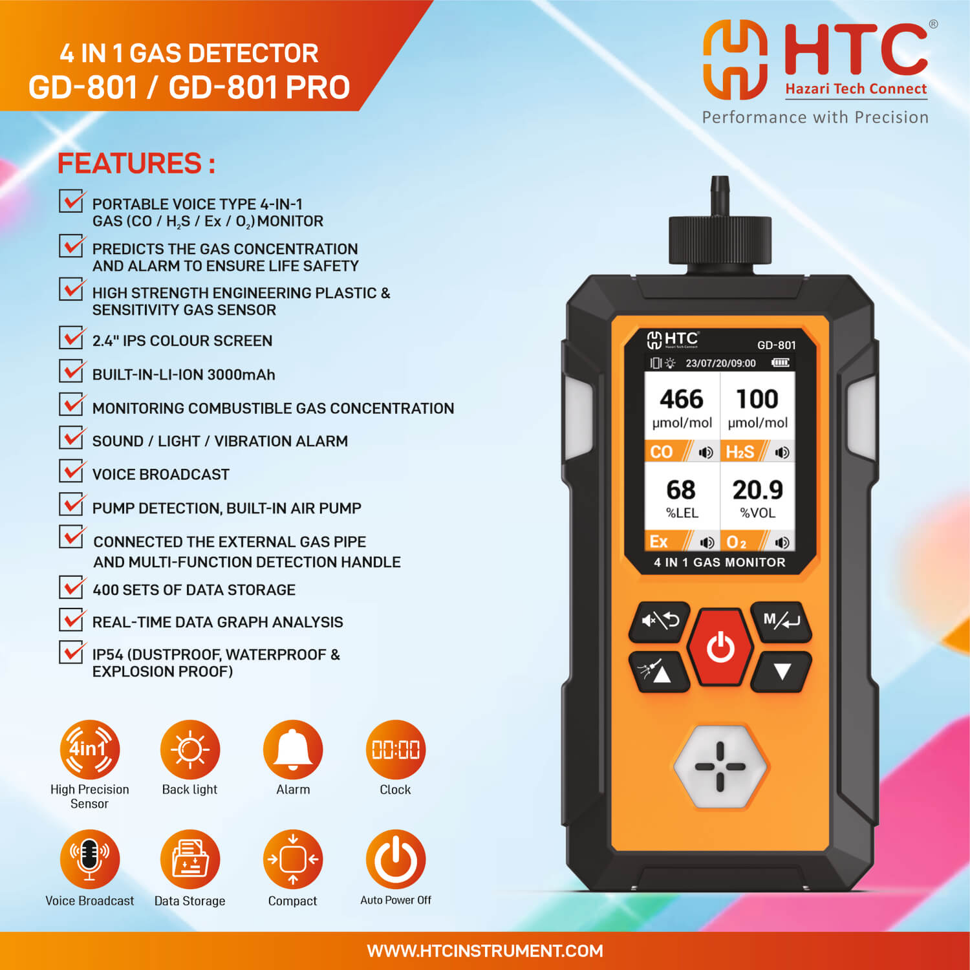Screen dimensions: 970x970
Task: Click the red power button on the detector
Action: tap(720, 647)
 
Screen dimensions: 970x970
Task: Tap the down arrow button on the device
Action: tap(782, 672)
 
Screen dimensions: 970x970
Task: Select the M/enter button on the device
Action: tap(781, 621)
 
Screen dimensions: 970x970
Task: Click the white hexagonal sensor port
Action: tap(720, 767)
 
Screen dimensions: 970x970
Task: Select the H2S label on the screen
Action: tap(740, 451)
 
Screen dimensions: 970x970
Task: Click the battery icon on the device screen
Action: tap(780, 363)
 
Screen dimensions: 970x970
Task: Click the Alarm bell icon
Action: tap(293, 749)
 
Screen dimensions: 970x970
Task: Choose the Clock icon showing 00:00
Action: tap(396, 749)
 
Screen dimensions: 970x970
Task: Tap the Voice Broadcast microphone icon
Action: tap(90, 859)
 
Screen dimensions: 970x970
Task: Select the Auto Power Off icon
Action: tap(396, 859)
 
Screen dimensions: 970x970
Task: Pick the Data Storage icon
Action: tap(190, 859)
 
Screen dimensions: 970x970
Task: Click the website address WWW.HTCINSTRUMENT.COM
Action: tap(485, 951)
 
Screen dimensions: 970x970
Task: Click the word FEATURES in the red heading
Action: tap(130, 163)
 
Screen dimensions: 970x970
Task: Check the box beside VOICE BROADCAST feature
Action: tap(71, 470)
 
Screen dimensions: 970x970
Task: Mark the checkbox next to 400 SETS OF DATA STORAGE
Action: tap(71, 587)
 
